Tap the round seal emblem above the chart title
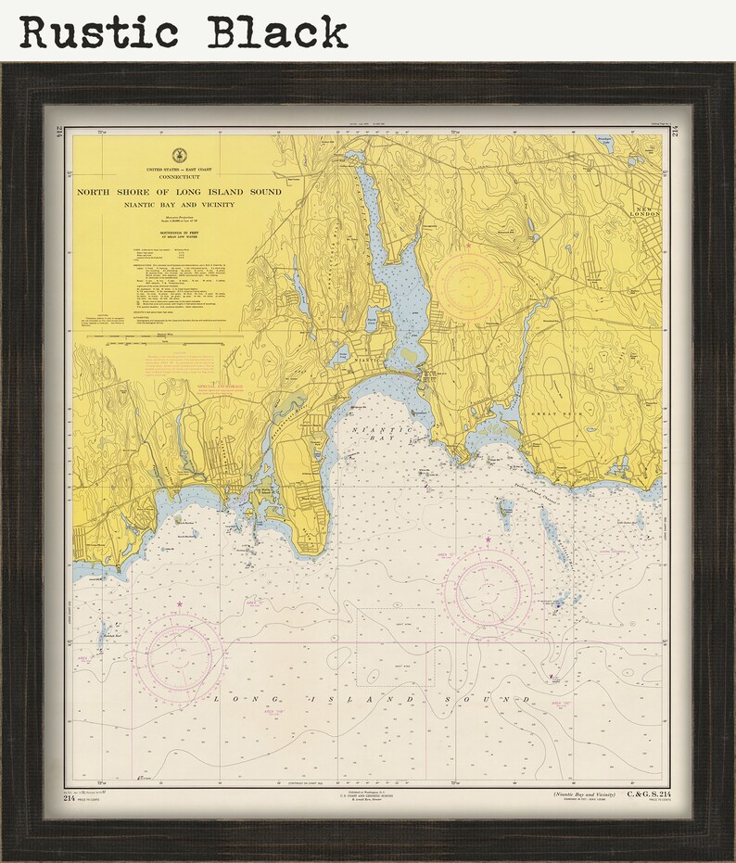pyautogui.click(x=178, y=156)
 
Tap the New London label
pyautogui.click(x=644, y=209)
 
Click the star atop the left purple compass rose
pyautogui.click(x=179, y=604)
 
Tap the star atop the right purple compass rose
pyautogui.click(x=488, y=539)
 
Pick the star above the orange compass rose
pyautogui.click(x=469, y=247)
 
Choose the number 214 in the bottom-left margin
pyautogui.click(x=70, y=798)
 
